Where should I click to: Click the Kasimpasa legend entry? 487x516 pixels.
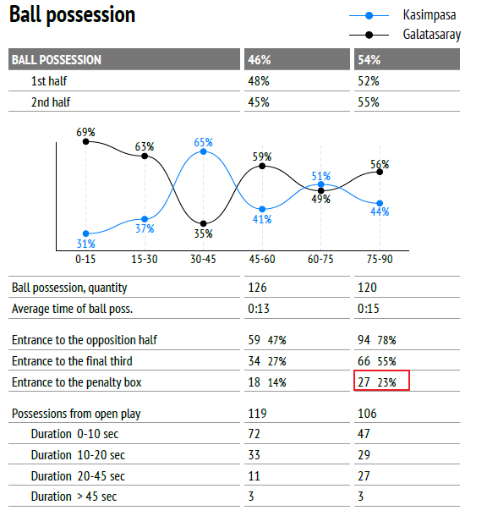pyautogui.click(x=404, y=15)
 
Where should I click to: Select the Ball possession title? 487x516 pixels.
pyautogui.click(x=73, y=15)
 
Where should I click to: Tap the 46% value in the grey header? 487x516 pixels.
pyautogui.click(x=260, y=59)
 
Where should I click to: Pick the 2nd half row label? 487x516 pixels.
pyautogui.click(x=51, y=102)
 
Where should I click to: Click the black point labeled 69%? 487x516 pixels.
pyautogui.click(x=86, y=141)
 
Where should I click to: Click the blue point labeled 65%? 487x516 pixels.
pyautogui.click(x=203, y=151)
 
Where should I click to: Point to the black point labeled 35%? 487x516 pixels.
pyautogui.click(x=203, y=224)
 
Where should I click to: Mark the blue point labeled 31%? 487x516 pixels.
pyautogui.click(x=86, y=233)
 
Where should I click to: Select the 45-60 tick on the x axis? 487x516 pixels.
pyautogui.click(x=262, y=260)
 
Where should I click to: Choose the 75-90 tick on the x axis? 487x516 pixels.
pyautogui.click(x=380, y=260)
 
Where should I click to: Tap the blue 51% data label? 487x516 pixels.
pyautogui.click(x=321, y=176)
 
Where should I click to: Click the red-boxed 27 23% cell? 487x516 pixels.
pyautogui.click(x=381, y=381)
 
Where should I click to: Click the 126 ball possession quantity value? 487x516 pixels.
pyautogui.click(x=257, y=288)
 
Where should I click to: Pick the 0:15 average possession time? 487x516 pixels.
pyautogui.click(x=369, y=309)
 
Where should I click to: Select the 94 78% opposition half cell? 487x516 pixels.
pyautogui.click(x=377, y=340)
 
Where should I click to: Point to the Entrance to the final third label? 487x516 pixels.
pyautogui.click(x=72, y=361)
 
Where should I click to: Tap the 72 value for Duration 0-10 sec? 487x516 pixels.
pyautogui.click(x=254, y=434)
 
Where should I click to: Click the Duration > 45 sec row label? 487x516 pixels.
pyautogui.click(x=74, y=497)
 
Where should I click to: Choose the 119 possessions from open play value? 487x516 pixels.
pyautogui.click(x=257, y=414)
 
